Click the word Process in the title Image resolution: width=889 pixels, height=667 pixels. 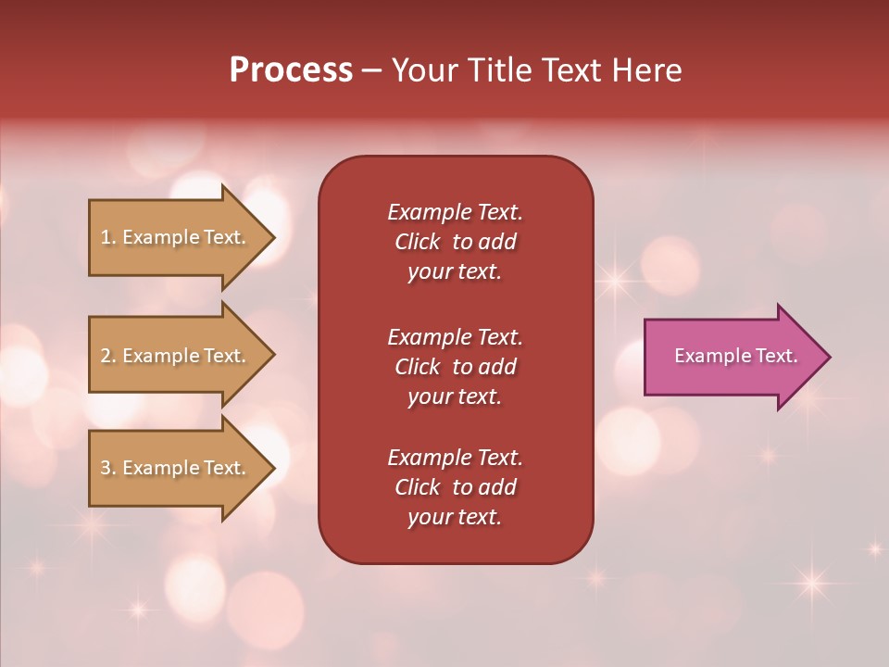click(x=291, y=70)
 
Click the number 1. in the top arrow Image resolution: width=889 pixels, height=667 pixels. click(x=108, y=237)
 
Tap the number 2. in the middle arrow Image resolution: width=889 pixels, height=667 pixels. click(x=108, y=356)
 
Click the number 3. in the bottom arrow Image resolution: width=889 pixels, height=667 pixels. click(x=108, y=468)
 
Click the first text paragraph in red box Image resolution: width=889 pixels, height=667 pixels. click(x=455, y=242)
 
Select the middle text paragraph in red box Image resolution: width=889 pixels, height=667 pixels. click(x=455, y=367)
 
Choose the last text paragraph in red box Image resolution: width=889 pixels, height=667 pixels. click(x=455, y=487)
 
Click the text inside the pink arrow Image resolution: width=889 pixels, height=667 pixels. click(x=735, y=356)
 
